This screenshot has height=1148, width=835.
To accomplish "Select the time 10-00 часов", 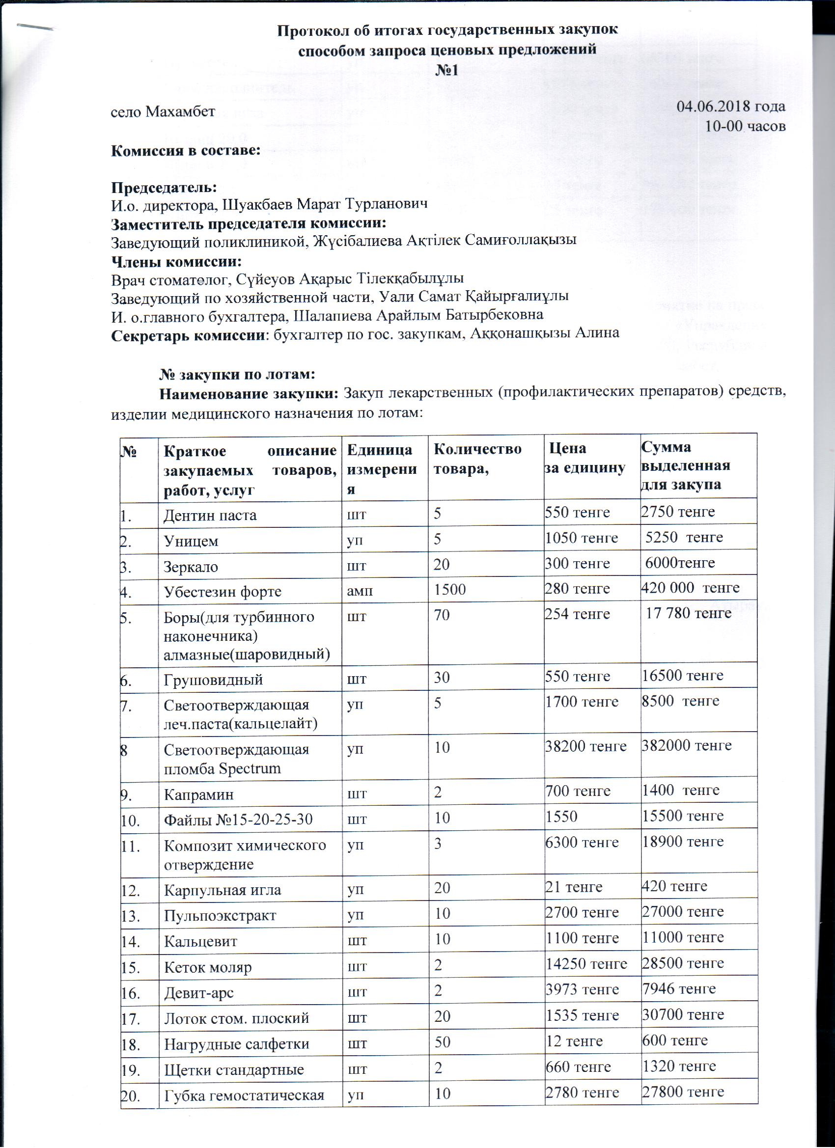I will [746, 126].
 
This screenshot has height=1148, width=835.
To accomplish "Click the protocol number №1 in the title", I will [446, 70].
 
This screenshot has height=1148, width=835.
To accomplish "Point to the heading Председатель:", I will [164, 186].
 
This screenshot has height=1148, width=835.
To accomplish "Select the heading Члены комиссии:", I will [176, 262].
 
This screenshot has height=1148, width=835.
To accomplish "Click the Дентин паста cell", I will [210, 515].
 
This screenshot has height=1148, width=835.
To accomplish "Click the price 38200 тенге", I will [585, 745].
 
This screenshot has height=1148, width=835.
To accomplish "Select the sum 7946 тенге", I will [678, 988].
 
